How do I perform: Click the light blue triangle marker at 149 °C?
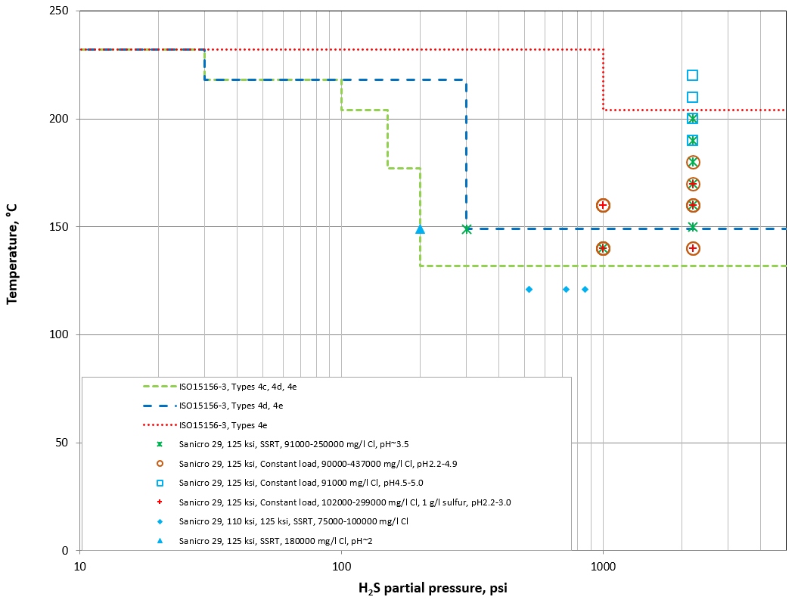420,229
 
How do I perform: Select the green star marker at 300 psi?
467,228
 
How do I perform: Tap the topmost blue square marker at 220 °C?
692,75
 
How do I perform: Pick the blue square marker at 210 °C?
692,97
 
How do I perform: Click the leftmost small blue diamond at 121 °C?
529,290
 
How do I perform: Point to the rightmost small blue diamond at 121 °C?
585,290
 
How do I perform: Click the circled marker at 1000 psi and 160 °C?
603,205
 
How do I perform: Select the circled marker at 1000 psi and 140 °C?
603,248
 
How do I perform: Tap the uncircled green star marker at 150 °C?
692,227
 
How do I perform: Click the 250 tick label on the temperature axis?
58,11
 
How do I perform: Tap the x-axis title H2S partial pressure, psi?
432,587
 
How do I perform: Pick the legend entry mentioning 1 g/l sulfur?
345,502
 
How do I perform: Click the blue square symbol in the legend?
160,482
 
